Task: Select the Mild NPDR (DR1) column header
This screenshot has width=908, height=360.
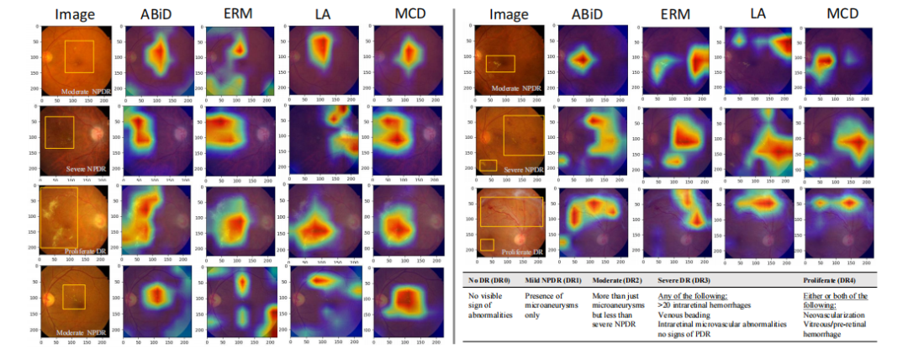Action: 554,280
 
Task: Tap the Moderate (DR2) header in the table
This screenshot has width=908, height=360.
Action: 620,280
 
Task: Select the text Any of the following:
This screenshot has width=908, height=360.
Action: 689,295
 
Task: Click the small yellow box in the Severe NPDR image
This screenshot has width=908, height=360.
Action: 488,165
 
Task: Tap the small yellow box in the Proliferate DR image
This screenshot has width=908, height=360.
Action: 487,244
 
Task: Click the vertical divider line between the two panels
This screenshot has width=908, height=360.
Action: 455,177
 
